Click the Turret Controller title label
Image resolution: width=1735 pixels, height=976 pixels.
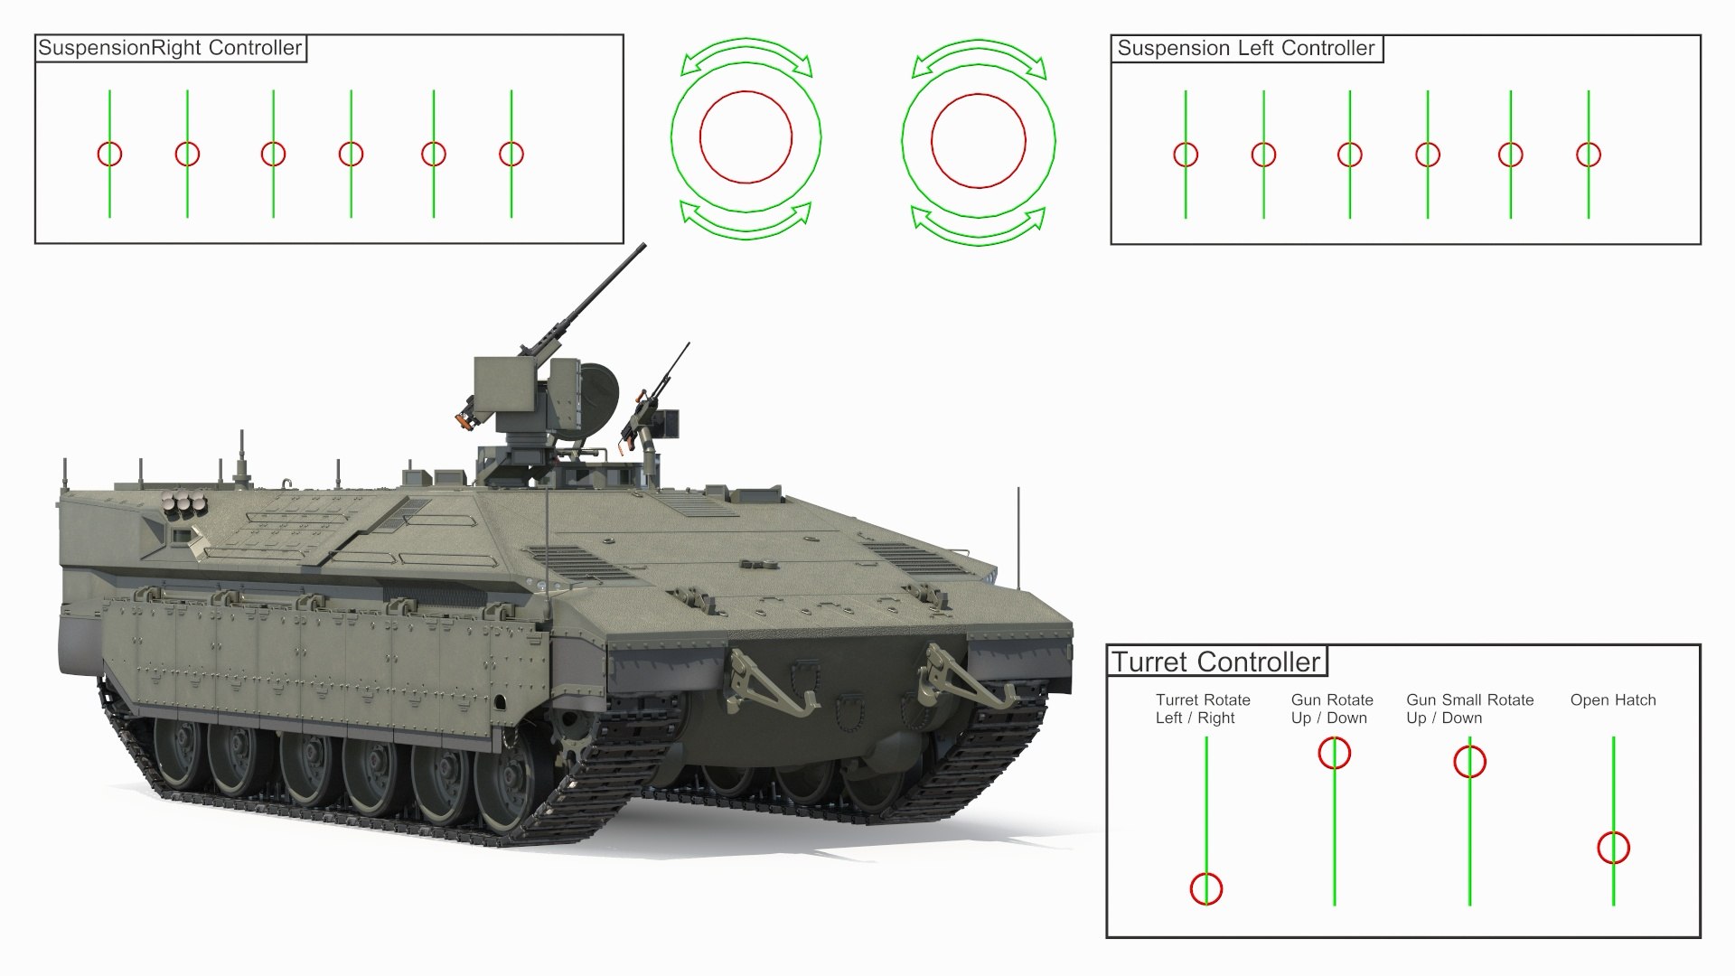click(x=1216, y=662)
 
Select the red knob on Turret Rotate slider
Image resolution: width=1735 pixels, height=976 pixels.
click(x=1206, y=889)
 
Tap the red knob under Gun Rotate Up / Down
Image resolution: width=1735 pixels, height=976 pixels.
click(x=1335, y=753)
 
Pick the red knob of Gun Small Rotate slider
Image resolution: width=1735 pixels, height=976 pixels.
click(x=1469, y=762)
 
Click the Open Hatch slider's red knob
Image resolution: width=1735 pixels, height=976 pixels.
click(x=1613, y=849)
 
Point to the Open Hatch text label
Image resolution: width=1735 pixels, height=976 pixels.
click(x=1613, y=700)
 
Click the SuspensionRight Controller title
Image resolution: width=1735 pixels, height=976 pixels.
click(x=170, y=49)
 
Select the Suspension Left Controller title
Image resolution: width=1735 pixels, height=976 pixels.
click(x=1245, y=49)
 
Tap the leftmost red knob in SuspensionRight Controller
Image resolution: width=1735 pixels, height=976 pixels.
click(x=109, y=155)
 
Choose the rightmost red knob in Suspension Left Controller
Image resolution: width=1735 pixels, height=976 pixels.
click(x=1588, y=155)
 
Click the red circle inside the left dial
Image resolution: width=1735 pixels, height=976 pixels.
click(x=746, y=137)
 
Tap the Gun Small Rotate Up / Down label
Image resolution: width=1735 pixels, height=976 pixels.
click(x=1469, y=709)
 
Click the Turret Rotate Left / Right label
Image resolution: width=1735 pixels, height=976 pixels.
click(x=1203, y=709)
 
